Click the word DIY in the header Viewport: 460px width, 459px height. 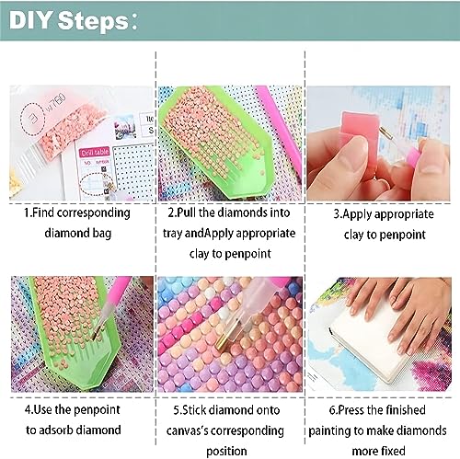coord(29,20)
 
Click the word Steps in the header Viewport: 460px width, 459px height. coord(93,21)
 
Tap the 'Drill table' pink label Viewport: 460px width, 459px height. coord(95,152)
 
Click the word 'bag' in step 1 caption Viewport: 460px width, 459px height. coord(102,234)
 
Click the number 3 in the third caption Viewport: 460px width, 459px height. coord(337,214)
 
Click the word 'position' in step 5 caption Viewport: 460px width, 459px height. coord(226,452)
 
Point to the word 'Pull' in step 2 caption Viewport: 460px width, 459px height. coord(187,212)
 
